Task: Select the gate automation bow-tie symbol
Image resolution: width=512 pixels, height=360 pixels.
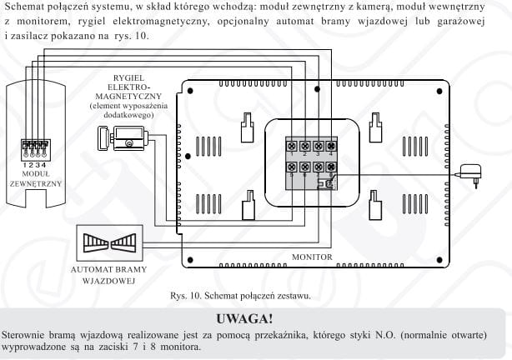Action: [x=109, y=243]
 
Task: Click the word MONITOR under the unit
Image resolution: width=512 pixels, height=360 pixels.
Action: [x=312, y=257]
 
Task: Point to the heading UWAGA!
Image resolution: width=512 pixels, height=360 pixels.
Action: [x=255, y=318]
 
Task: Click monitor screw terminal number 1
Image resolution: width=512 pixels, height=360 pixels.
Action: [x=292, y=145]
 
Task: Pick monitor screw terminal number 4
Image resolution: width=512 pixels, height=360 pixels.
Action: [x=331, y=145]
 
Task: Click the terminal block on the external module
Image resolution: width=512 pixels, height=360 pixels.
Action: [x=30, y=147]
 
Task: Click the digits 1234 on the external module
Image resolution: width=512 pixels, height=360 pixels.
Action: [x=30, y=162]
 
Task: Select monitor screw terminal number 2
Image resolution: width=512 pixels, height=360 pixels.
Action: [x=305, y=145]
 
